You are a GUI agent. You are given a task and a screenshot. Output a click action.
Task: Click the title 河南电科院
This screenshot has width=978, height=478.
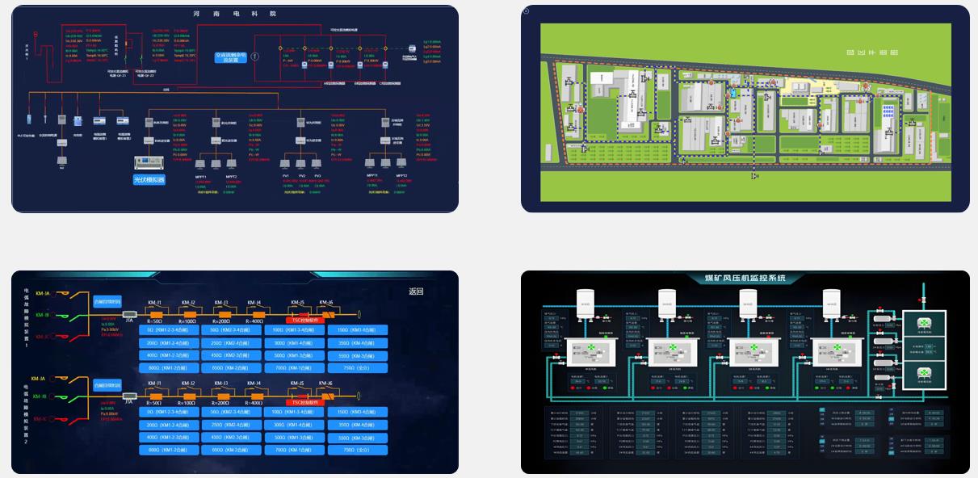click(235, 14)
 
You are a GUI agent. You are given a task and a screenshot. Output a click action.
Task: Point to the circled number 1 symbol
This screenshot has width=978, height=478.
click(255, 57)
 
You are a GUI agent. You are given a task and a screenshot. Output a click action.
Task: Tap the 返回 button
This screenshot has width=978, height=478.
click(416, 291)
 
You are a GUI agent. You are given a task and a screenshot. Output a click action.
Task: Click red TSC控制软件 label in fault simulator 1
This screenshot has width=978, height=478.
click(305, 320)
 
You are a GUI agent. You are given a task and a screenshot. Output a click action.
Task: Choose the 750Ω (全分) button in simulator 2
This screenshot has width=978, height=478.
click(355, 449)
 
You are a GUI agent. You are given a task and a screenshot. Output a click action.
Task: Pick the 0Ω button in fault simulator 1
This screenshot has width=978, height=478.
click(173, 329)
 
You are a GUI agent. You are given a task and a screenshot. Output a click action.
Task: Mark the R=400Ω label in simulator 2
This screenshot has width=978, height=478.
click(254, 402)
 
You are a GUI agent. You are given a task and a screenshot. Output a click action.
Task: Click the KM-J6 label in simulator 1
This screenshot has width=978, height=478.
click(325, 303)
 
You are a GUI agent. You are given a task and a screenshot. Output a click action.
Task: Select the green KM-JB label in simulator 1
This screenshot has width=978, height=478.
click(41, 314)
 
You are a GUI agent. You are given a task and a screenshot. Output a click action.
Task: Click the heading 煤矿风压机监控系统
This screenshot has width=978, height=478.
click(745, 279)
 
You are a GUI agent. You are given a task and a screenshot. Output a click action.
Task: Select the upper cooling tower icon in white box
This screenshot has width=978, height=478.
click(923, 324)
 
